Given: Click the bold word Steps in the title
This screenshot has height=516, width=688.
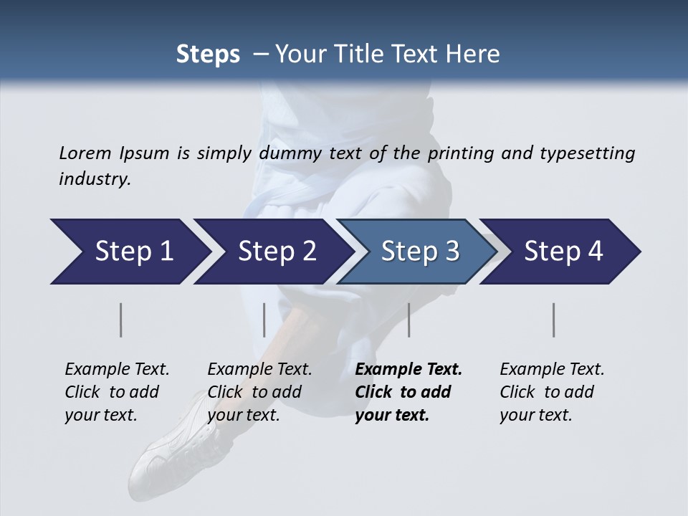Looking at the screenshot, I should [208, 54].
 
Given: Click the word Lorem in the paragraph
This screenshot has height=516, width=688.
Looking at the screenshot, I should [84, 153].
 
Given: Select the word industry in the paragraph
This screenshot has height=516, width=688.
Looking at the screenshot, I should [94, 179].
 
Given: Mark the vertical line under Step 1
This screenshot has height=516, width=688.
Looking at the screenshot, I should [121, 320].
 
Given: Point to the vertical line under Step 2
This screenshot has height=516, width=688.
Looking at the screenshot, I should [264, 320].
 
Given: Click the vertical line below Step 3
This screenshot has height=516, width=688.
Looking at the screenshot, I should [408, 320].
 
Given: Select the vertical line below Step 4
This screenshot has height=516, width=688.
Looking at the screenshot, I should [553, 320].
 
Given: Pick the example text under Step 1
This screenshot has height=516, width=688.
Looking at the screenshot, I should [117, 392].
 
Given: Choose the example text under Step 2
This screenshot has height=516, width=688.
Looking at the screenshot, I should [259, 392].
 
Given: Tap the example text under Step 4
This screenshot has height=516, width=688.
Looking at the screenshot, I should [552, 392].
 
